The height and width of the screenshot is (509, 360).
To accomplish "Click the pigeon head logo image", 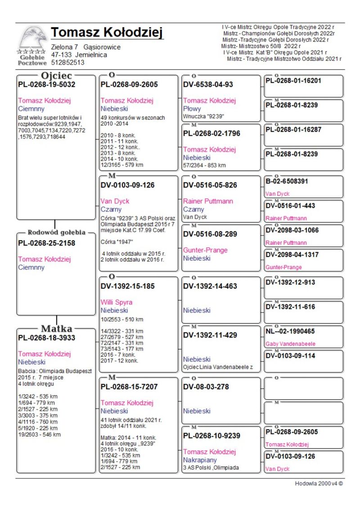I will point(32,39).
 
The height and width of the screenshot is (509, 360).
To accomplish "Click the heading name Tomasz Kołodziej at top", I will point(107,33).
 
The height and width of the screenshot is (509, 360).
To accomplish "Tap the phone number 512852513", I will point(67,63).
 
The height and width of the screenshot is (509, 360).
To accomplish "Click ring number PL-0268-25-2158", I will point(47,243).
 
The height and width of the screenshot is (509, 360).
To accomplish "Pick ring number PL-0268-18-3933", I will point(47,338).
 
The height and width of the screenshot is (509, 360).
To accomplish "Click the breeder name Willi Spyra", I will point(117,302).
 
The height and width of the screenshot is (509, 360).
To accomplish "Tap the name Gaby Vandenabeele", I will point(290,344).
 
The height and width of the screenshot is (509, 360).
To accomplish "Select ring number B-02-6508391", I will point(287,181).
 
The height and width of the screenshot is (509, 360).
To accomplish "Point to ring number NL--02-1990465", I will point(290,331).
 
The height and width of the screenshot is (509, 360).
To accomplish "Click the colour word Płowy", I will point(192,109).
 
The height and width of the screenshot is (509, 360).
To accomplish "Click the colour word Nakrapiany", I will point(200,460).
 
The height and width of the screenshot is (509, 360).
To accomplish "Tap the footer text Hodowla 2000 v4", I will point(319,484).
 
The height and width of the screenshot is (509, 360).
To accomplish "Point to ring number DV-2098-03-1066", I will point(292,230).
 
